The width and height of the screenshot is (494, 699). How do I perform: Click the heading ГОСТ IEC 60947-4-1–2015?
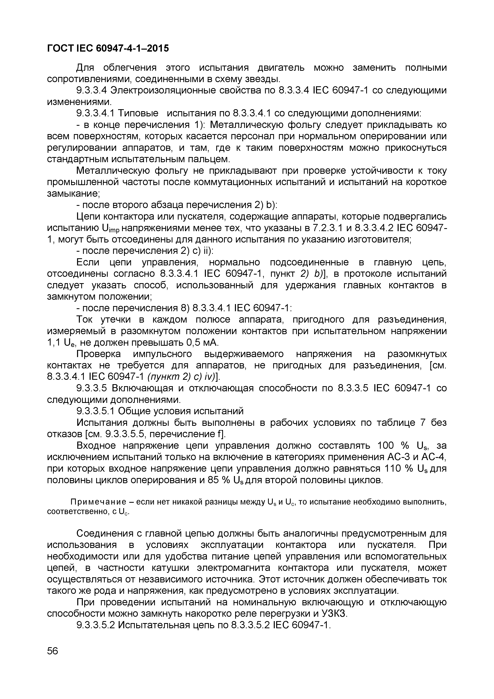[x=108, y=48]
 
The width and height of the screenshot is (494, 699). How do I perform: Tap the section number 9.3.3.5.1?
[x=95, y=411]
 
